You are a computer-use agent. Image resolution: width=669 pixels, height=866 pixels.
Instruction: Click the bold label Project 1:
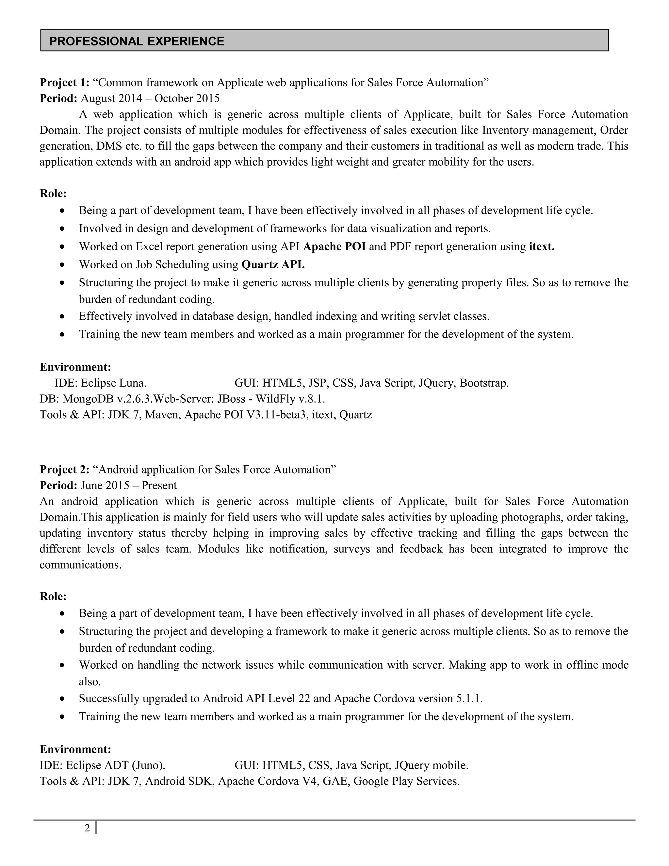pyautogui.click(x=65, y=82)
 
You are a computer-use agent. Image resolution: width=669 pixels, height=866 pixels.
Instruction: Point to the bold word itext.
pyautogui.click(x=541, y=247)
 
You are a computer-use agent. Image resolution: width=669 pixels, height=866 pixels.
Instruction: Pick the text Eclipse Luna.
pyautogui.click(x=114, y=383)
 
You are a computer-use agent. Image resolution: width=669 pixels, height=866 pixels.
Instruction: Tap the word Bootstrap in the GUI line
pyautogui.click(x=483, y=383)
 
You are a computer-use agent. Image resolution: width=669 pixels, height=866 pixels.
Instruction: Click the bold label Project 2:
pyautogui.click(x=65, y=470)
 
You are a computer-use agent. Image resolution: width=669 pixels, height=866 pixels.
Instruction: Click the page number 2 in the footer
pyautogui.click(x=87, y=828)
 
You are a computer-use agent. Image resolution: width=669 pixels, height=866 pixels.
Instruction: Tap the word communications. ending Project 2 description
pyautogui.click(x=80, y=565)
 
